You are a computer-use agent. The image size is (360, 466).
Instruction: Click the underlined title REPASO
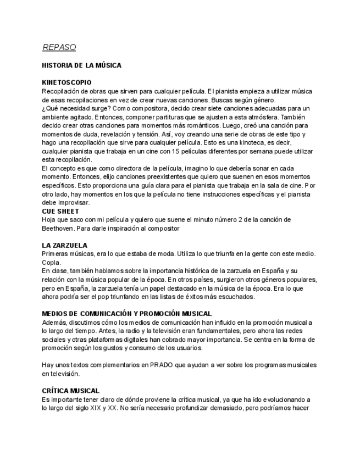point(59,47)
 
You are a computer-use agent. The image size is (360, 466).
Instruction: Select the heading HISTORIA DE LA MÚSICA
point(81,65)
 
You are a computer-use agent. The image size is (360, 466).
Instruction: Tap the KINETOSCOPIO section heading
point(67,83)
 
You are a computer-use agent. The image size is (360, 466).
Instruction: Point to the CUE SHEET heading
point(60,211)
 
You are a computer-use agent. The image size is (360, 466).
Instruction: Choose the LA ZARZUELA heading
point(65,245)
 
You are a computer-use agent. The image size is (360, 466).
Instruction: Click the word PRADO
point(165,365)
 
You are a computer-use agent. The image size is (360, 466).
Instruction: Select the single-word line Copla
point(51,262)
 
